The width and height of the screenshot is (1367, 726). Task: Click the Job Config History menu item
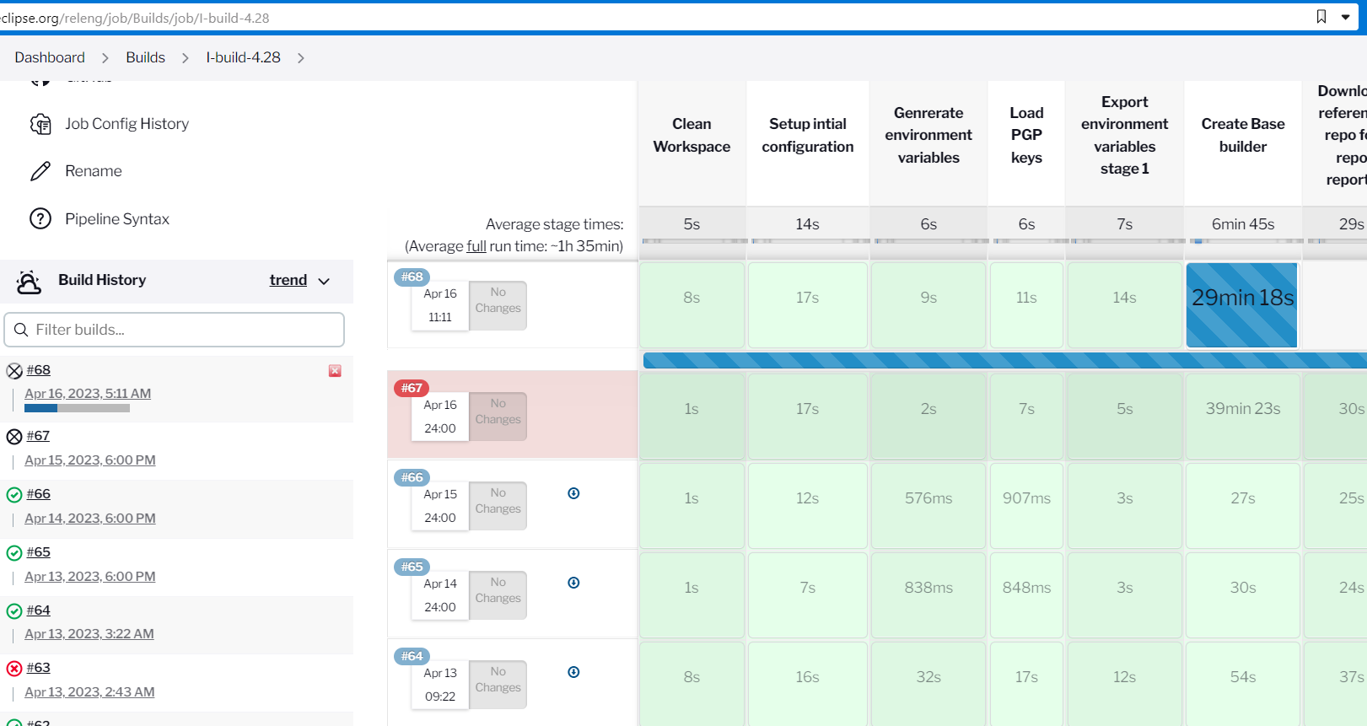tap(126, 124)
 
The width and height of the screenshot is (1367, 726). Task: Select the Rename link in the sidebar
tap(93, 171)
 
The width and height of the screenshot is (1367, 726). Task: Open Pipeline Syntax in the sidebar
tap(116, 219)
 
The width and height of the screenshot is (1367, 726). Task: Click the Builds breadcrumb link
tap(145, 57)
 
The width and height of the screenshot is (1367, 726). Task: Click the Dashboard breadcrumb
tap(50, 57)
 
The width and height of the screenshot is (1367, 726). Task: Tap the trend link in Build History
tap(288, 280)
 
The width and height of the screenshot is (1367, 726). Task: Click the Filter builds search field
tap(175, 330)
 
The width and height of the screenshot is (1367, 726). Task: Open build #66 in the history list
tap(38, 494)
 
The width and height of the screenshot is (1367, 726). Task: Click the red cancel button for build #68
tap(335, 371)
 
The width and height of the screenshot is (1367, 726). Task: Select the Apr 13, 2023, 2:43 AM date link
tap(89, 692)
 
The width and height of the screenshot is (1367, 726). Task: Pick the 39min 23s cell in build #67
tap(1242, 409)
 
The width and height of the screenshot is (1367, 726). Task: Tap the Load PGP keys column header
tap(1026, 135)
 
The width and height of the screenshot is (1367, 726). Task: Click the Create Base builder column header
tap(1242, 135)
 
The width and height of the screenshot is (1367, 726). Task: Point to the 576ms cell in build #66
tap(928, 498)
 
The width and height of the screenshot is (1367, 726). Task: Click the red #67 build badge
tap(412, 388)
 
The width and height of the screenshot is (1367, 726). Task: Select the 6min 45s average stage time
tap(1242, 224)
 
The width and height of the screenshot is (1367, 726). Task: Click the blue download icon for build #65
tap(573, 583)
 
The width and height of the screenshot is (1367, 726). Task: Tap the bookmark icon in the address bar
tap(1321, 17)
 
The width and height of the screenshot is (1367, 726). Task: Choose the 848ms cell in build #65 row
tap(1026, 588)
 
